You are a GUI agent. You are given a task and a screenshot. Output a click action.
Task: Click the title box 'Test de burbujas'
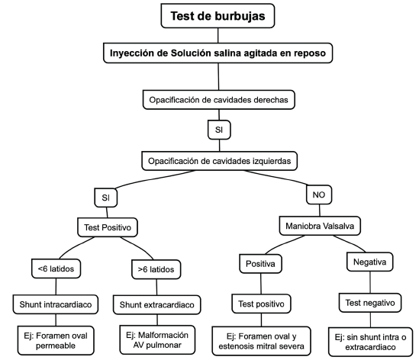(218, 16)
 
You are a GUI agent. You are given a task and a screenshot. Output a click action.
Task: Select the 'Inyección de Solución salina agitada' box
(218, 53)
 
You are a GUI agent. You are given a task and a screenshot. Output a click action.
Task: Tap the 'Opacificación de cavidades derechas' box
(219, 100)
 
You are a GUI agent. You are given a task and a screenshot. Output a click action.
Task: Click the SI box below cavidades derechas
(219, 130)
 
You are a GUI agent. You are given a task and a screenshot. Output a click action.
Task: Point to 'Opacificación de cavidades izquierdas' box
(219, 161)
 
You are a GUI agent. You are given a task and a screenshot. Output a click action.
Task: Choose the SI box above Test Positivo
(106, 198)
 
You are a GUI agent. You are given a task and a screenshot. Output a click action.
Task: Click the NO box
(319, 194)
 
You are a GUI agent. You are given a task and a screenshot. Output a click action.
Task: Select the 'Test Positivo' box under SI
(108, 227)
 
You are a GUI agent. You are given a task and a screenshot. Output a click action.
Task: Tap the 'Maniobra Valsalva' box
(320, 226)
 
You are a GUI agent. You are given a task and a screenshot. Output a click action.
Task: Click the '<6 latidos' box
(56, 268)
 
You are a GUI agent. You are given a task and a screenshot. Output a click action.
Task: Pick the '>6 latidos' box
(156, 269)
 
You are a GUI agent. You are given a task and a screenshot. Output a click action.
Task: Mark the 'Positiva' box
(260, 264)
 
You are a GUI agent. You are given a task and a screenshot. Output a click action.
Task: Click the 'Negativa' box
(370, 262)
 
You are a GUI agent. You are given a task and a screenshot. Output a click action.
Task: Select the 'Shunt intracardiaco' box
(56, 304)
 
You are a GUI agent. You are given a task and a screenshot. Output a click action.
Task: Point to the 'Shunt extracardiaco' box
(157, 305)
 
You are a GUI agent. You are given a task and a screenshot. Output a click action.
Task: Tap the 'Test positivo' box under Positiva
(261, 304)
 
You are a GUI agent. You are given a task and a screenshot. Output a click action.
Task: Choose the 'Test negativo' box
(370, 303)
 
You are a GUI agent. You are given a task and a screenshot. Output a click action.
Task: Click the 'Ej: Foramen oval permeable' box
(56, 340)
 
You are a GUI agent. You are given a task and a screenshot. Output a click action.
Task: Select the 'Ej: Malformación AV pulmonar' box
(157, 340)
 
